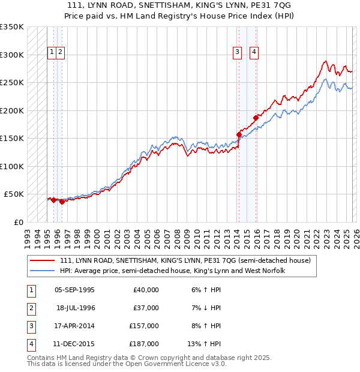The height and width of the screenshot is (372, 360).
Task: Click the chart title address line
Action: tap(180, 5)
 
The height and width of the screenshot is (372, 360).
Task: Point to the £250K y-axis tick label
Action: tap(12, 82)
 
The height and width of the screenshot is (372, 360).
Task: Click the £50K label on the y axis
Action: tap(14, 194)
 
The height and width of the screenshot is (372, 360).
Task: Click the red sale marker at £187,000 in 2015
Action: tap(256, 118)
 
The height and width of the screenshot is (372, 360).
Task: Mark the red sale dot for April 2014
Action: tap(239, 134)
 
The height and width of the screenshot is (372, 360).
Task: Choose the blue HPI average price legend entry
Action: tap(172, 271)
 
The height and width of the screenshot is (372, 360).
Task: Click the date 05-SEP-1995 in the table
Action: tap(74, 290)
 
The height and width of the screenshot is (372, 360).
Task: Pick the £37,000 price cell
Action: tap(146, 307)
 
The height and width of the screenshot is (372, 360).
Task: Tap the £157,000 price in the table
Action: tap(144, 325)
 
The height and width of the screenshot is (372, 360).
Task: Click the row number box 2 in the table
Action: tap(31, 308)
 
